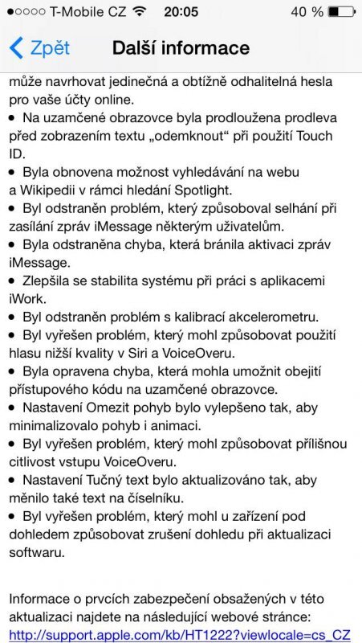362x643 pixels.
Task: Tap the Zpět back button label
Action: pyautogui.click(x=50, y=47)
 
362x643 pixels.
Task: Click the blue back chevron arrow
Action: pyautogui.click(x=17, y=47)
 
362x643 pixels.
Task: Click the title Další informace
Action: pyautogui.click(x=181, y=47)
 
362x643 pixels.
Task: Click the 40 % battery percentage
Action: pyautogui.click(x=306, y=12)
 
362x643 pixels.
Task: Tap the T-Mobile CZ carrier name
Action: pyautogui.click(x=86, y=12)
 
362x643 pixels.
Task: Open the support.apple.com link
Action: pyautogui.click(x=180, y=635)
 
